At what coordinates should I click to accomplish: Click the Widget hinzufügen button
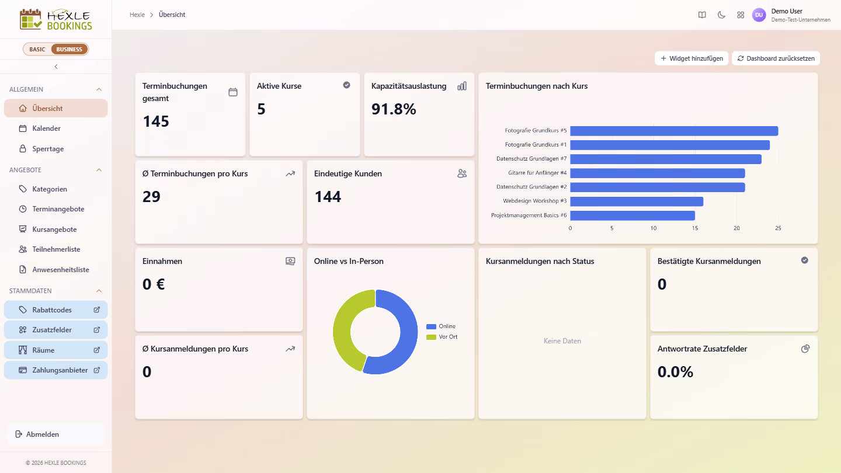coord(691,58)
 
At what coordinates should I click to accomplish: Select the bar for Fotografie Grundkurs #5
coord(674,131)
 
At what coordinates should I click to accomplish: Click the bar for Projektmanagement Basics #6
coord(633,215)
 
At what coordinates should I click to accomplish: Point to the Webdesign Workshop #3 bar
coord(637,201)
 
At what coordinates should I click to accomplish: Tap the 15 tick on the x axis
coord(695,228)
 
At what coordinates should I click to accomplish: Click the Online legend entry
coord(441,326)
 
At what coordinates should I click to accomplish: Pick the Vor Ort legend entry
coord(442,337)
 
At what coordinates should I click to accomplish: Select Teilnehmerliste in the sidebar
coord(55,249)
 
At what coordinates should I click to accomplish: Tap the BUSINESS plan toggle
coord(69,49)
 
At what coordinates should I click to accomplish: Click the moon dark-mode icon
coord(721,15)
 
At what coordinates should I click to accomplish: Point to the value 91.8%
coord(394,109)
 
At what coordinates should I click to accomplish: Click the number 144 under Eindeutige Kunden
coord(328,196)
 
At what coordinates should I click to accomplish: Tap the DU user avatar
coord(759,15)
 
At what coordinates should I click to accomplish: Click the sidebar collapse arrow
coord(56,67)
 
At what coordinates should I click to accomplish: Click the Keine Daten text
coord(562,341)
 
